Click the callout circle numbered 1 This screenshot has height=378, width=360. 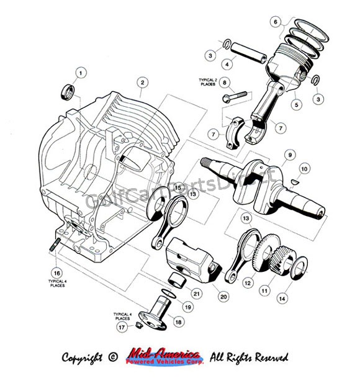[80, 73]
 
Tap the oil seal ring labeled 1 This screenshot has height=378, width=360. [68, 92]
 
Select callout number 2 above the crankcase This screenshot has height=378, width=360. [142, 82]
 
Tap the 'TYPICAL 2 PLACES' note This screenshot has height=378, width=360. [208, 82]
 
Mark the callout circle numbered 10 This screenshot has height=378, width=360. [304, 169]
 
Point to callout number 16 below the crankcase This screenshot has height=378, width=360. [56, 272]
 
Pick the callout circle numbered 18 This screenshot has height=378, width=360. [178, 322]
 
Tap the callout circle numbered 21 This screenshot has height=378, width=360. [196, 293]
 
